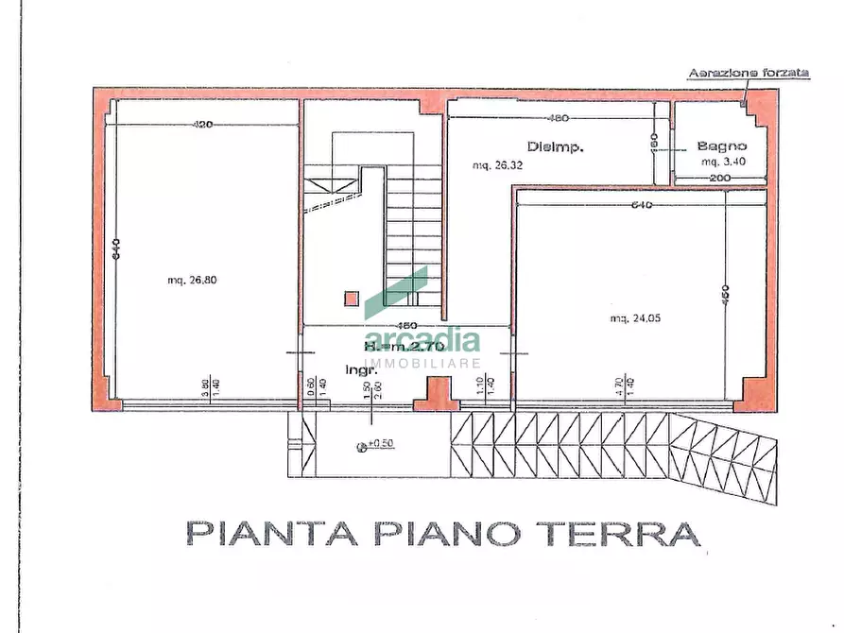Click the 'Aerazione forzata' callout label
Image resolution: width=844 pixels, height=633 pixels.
coord(748,73)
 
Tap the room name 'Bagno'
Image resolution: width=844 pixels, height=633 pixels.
coord(722,146)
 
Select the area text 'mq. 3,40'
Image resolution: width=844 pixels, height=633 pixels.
coord(723,163)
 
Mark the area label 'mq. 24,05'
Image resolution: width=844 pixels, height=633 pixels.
coord(635,317)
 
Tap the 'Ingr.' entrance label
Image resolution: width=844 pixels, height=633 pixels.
coord(355,368)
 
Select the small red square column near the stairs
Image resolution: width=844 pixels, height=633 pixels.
coord(351,298)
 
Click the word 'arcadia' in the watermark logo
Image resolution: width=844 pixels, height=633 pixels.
coord(422,340)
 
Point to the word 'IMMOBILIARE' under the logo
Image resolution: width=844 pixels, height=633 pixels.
coord(422,363)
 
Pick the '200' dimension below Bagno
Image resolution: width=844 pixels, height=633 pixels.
coord(721,178)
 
